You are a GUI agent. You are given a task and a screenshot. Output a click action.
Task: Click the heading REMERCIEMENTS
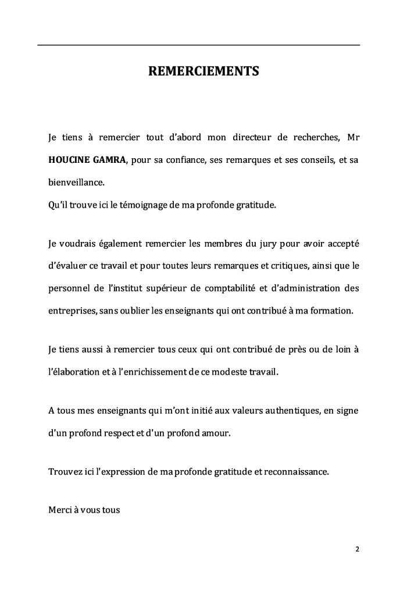click(203, 72)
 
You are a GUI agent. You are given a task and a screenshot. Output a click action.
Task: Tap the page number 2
click(357, 549)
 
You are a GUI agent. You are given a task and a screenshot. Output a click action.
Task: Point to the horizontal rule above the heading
click(199, 45)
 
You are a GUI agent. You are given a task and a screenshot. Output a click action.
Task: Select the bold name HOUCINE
click(72, 160)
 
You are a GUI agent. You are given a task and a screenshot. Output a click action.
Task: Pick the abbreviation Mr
click(352, 138)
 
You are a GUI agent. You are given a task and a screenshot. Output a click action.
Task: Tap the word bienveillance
click(76, 182)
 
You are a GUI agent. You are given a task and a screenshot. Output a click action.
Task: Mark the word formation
click(330, 311)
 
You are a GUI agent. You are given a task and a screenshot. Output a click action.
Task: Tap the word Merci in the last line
click(60, 510)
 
